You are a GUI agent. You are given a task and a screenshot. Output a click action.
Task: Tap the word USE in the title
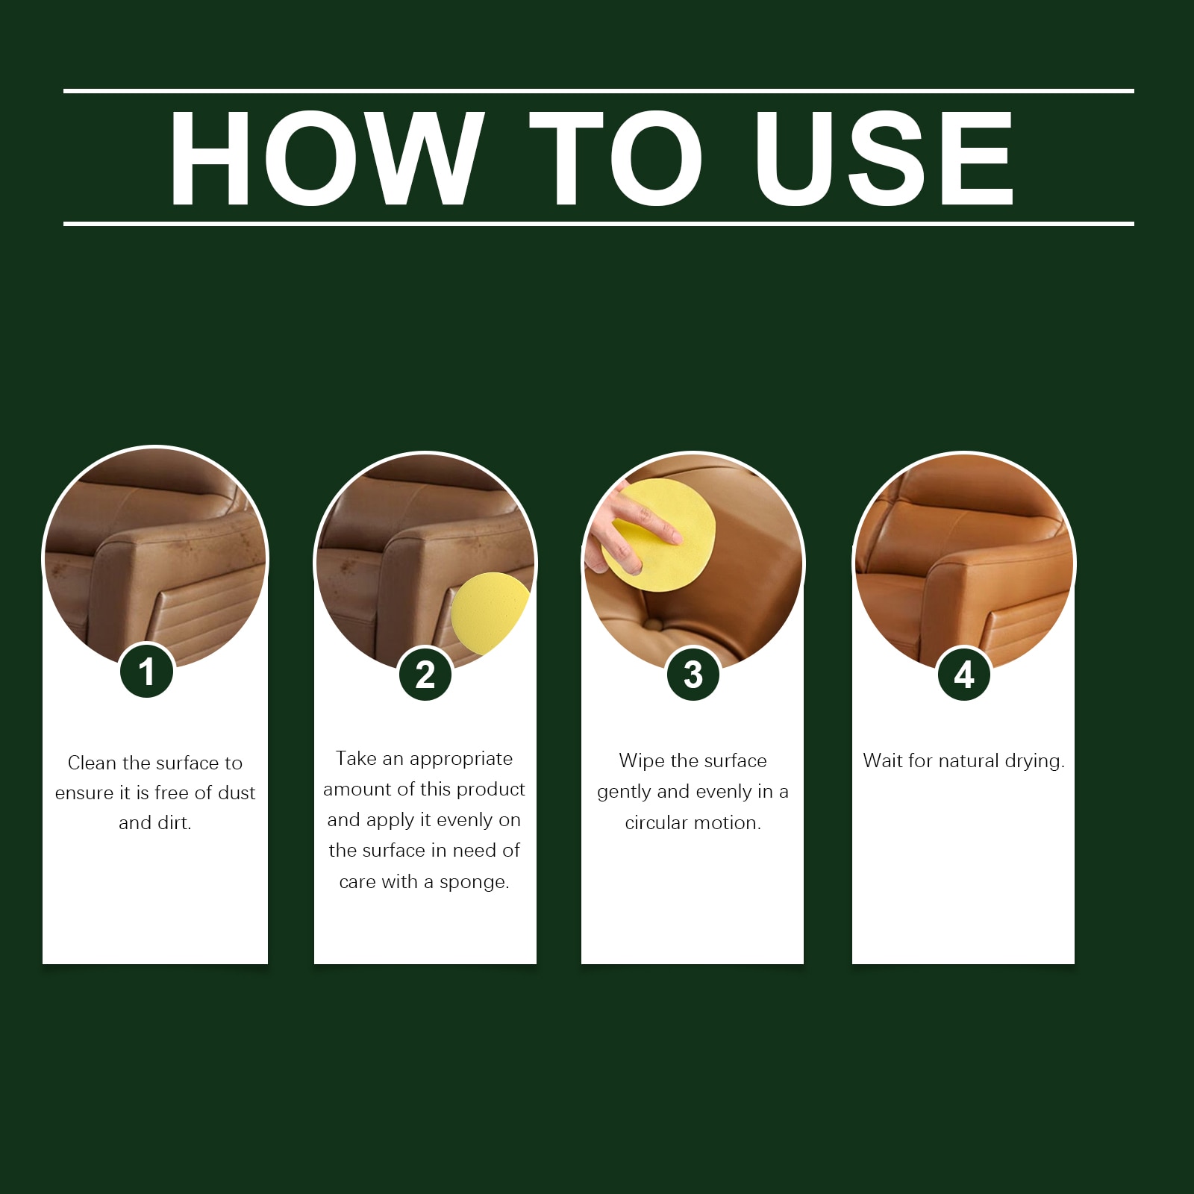point(884,157)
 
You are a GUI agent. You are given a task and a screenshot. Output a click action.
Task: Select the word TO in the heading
point(616,157)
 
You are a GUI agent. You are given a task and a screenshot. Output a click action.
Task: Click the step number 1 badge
point(147,671)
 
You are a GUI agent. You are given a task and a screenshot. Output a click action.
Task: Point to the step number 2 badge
point(425,675)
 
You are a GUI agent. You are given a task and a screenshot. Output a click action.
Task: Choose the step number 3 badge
point(693,675)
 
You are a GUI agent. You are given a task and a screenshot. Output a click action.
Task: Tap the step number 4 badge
point(964,675)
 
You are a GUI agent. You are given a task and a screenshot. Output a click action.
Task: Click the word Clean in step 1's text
point(93,763)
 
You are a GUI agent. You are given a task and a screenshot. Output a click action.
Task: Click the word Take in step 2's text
point(357,758)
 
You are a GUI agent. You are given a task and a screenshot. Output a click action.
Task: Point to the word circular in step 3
point(657,822)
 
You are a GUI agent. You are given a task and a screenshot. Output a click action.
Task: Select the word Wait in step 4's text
point(883,760)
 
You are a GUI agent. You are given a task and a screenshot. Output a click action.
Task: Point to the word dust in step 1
point(237,793)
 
